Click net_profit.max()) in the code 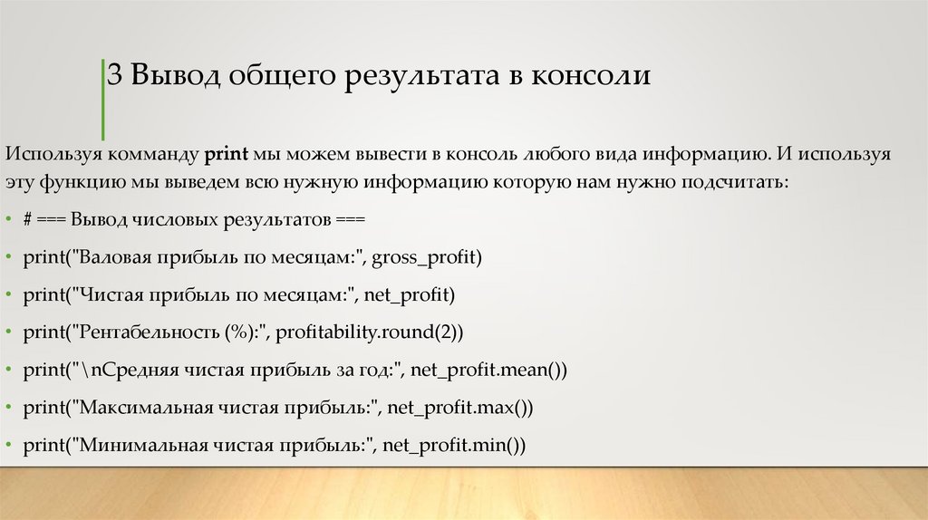pyautogui.click(x=460, y=408)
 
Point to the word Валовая pyautogui.click(x=113, y=258)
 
